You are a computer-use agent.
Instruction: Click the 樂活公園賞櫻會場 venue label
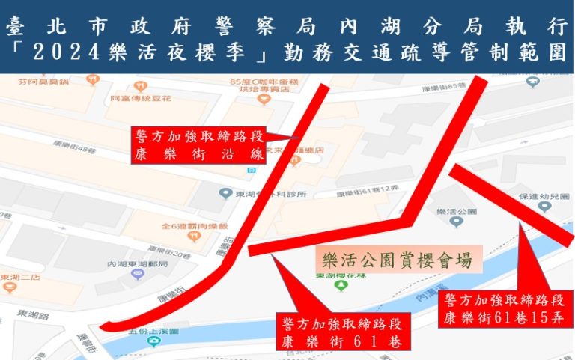point(397,260)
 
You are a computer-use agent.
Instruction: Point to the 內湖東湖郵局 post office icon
point(137,274)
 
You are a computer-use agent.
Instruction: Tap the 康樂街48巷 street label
point(82,151)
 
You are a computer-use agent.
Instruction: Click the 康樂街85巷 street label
point(439,88)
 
